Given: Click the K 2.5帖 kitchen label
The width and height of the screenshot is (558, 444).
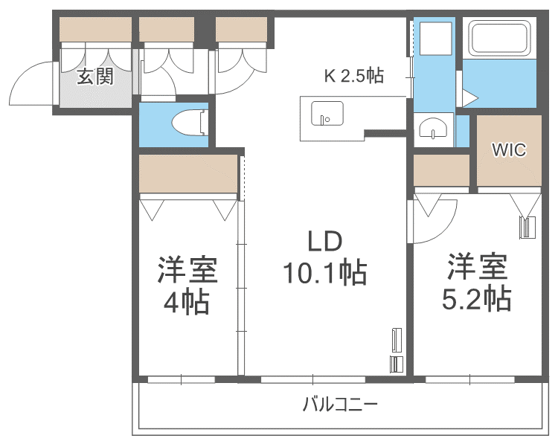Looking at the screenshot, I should [x=353, y=76].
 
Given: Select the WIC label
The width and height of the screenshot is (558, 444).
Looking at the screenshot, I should [x=509, y=149].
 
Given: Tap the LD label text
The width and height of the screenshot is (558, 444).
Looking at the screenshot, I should [x=324, y=241].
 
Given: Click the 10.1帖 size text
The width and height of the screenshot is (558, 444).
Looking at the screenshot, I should [x=324, y=274].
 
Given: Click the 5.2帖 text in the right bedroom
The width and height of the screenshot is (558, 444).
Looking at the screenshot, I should [x=476, y=298].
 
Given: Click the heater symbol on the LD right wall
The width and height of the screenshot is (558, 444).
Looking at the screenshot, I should [x=395, y=350].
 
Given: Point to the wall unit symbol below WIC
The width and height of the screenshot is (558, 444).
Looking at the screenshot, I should [x=527, y=226].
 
